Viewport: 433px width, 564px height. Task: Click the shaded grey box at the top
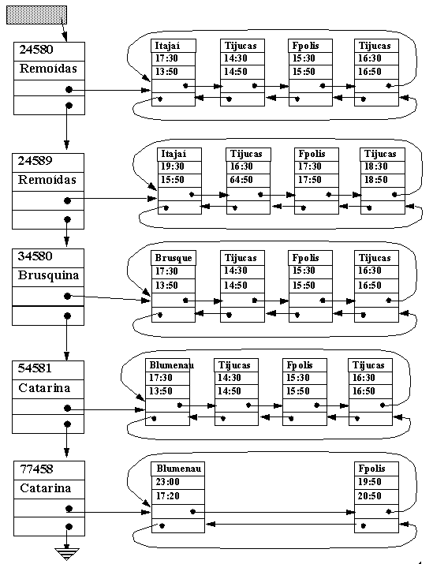tap(37, 15)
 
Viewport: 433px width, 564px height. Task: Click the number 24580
tap(36, 50)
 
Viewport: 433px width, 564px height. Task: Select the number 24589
tap(35, 160)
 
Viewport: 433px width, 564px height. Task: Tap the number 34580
tap(35, 256)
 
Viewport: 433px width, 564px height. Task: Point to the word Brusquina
tap(48, 275)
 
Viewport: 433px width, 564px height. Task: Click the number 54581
tap(35, 368)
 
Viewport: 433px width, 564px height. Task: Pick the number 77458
tap(36, 469)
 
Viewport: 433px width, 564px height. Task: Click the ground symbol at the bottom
tap(67, 554)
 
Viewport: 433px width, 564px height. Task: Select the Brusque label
tap(174, 258)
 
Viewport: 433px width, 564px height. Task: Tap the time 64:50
tap(241, 180)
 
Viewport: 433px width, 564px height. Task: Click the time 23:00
tap(167, 482)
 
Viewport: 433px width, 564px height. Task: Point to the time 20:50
tap(369, 496)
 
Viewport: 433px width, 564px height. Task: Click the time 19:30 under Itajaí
tap(172, 166)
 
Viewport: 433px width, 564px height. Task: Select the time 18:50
tap(375, 180)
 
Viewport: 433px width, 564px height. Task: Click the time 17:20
tap(167, 496)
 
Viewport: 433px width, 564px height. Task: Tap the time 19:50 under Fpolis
tap(369, 482)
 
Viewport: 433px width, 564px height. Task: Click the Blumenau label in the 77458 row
tap(179, 469)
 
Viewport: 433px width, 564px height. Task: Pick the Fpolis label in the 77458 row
tap(371, 469)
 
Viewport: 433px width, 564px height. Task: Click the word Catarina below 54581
tap(44, 388)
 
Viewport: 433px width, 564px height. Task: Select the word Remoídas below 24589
tap(47, 180)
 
